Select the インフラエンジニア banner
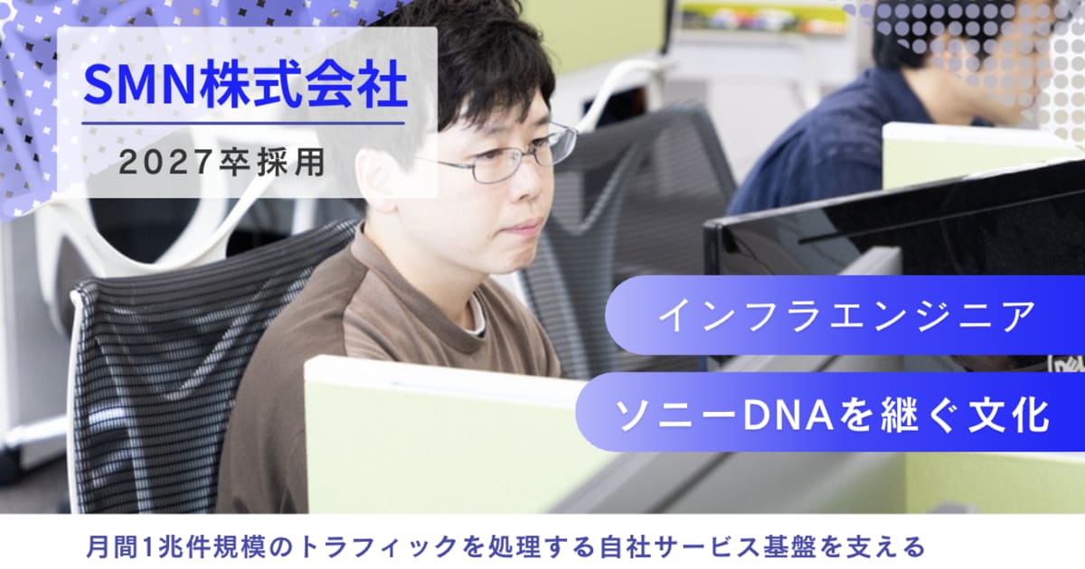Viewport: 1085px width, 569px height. tap(845, 315)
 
